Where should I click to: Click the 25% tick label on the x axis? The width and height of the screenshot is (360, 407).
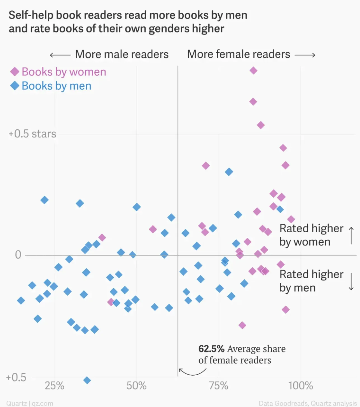[x=54, y=386]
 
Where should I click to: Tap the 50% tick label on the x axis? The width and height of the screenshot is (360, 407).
[x=136, y=386]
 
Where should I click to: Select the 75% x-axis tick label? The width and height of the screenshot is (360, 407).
[x=219, y=386]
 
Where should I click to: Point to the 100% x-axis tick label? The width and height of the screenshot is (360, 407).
[x=301, y=386]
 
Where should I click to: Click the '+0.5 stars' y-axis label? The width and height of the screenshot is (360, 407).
[x=32, y=134]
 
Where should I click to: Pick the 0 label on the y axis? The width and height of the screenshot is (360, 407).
[x=18, y=255]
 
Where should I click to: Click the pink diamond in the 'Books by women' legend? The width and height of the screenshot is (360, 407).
[x=15, y=72]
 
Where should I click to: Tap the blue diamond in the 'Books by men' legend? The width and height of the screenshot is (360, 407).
[x=15, y=86]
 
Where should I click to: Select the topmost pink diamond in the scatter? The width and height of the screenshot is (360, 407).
[x=253, y=71]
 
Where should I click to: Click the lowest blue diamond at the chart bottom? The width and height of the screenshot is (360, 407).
[x=87, y=380]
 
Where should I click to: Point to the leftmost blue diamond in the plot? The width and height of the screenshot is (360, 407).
[x=21, y=301]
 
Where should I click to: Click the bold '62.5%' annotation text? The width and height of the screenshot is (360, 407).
[x=211, y=349]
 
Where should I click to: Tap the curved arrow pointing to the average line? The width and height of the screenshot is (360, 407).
[x=192, y=372]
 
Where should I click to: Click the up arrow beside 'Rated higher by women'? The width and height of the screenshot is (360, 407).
[x=351, y=236]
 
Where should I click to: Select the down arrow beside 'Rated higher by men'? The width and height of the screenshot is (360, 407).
[x=351, y=281]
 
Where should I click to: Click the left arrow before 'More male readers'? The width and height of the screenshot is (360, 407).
[x=60, y=55]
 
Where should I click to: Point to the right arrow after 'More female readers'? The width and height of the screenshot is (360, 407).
[x=305, y=55]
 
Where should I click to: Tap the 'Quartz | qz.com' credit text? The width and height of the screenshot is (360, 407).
[x=30, y=403]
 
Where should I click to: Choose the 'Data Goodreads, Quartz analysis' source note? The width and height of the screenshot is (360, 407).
[x=308, y=403]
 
